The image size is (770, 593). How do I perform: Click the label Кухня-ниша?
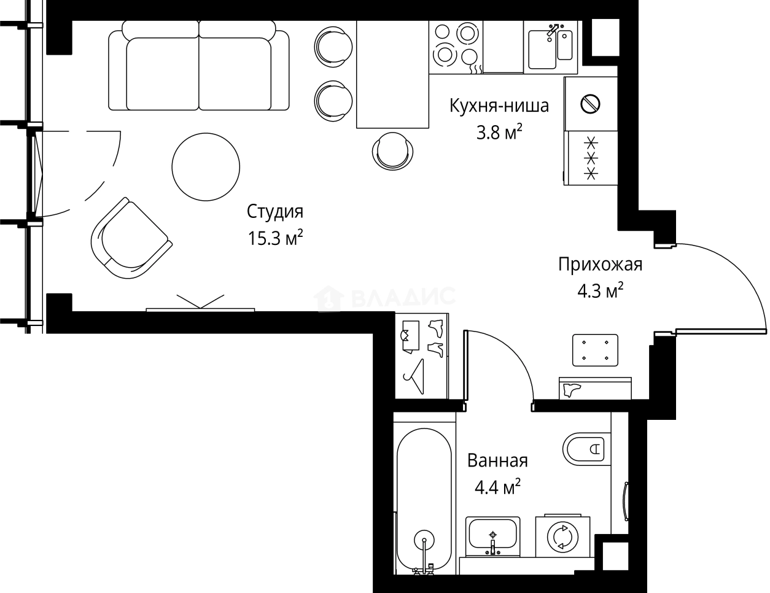pos(499,106)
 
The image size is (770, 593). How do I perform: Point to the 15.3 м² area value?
pos(275,238)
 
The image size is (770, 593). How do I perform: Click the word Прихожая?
pos(600,265)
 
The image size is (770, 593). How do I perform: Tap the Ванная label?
pos(497,460)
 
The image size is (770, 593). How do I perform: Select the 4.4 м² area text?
pos(497,487)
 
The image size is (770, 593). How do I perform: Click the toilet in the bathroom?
pos(585,449)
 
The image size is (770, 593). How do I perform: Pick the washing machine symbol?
pos(562,537)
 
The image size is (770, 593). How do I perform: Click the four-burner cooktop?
pos(456,44)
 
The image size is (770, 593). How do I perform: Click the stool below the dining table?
pos(392,150)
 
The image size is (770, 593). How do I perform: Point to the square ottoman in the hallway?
pos(594,349)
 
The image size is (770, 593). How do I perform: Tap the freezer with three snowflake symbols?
pos(590,158)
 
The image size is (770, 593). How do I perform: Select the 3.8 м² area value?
pos(499,132)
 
